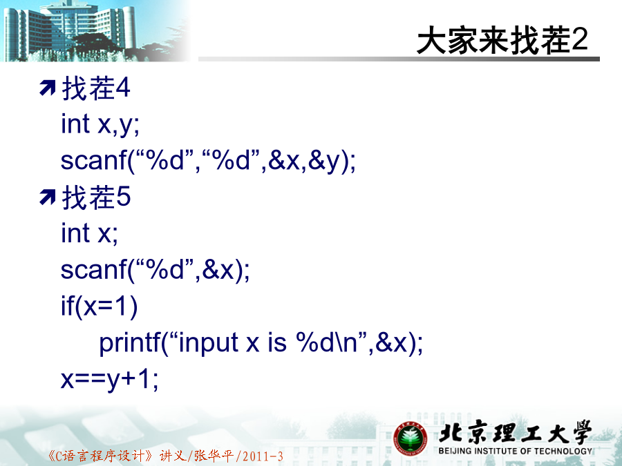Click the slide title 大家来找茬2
502,40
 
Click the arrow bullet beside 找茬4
48,88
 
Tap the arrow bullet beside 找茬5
48,197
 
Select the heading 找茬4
96,88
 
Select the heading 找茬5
96,197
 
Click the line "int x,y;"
100,124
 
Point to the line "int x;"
89,233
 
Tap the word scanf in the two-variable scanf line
93,160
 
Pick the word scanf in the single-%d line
93,269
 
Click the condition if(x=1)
99,306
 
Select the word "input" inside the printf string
209,343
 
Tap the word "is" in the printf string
277,342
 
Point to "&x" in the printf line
391,342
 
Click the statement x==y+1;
109,379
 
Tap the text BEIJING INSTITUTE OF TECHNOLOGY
516,451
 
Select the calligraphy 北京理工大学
515,432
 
